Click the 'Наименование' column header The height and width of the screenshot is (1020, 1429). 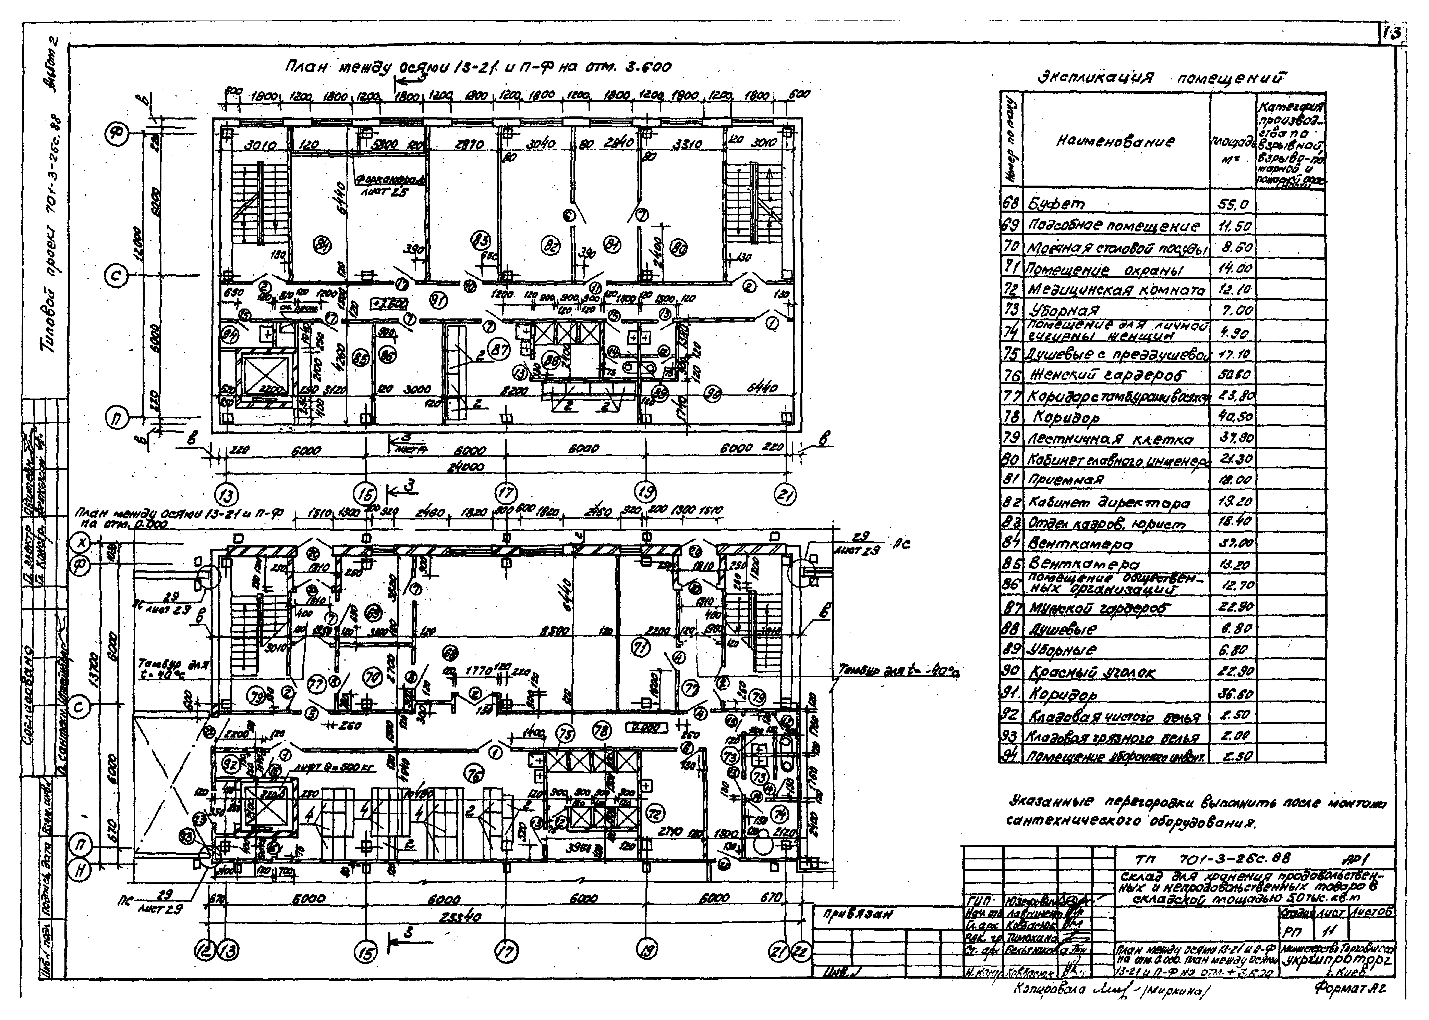1115,141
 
